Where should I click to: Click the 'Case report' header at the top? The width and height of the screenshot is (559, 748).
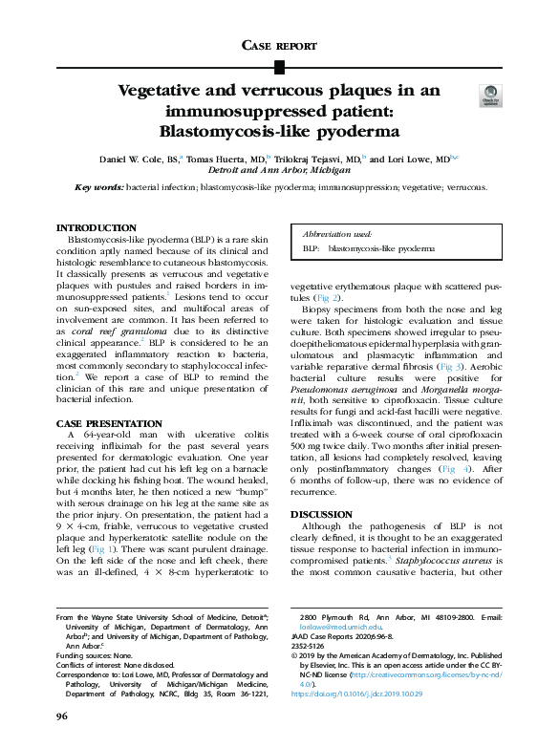tap(278, 45)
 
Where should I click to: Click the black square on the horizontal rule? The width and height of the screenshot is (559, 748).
tap(279, 66)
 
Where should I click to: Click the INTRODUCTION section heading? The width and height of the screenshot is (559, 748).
tap(97, 227)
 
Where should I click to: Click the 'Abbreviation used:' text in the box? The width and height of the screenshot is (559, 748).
tap(337, 232)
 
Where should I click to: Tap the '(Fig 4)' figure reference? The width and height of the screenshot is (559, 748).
tap(454, 472)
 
